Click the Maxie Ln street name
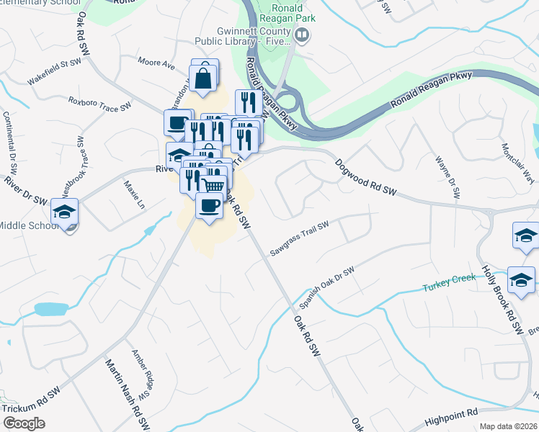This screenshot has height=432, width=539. click(x=133, y=194)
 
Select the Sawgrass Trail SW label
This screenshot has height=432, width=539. click(x=300, y=239)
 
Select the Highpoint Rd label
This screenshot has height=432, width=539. click(x=451, y=413)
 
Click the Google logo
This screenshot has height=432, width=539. click(x=24, y=423)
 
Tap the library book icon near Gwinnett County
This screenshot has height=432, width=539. click(x=303, y=34)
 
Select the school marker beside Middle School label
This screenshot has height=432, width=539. click(x=64, y=212)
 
